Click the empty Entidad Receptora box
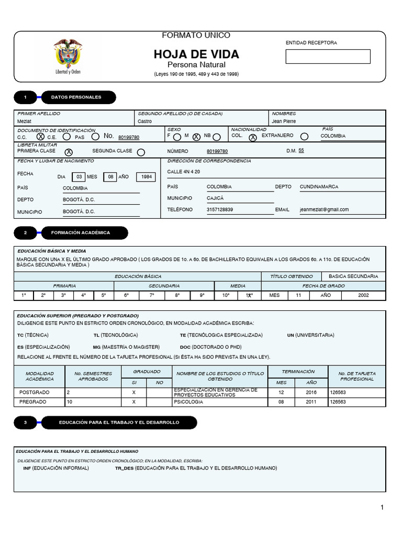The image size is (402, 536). [328, 57]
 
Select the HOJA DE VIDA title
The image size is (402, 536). [196, 54]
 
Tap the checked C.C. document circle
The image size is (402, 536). [40, 137]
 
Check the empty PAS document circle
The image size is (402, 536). [95, 137]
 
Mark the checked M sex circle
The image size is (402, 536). [196, 137]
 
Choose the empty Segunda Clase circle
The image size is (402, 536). [141, 152]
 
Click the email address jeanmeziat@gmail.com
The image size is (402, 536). [324, 209]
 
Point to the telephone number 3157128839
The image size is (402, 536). [220, 209]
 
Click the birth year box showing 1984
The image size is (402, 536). [146, 177]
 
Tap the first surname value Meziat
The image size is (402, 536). [25, 121]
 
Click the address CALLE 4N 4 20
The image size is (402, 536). [183, 172]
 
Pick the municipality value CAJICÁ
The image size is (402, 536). [215, 198]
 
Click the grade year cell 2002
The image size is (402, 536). [363, 295]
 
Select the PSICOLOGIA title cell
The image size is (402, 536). [220, 402]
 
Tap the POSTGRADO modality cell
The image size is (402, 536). [40, 392]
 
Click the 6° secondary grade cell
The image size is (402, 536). [126, 295]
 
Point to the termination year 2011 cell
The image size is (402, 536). [311, 402]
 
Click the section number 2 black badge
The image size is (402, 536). [26, 232]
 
